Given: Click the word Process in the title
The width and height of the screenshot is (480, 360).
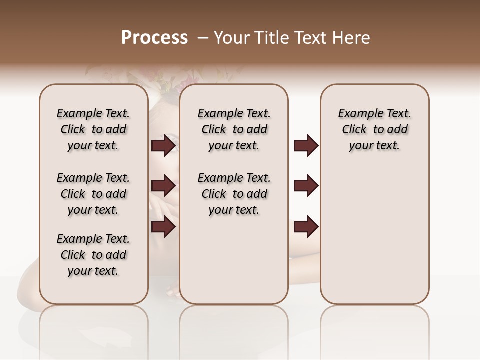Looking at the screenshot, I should tap(154, 38).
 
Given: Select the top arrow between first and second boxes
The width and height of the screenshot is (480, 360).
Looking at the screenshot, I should tap(163, 146).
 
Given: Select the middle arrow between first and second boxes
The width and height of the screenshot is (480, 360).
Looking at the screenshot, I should tap(163, 186).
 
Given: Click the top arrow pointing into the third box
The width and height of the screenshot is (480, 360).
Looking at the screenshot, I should tap(306, 146).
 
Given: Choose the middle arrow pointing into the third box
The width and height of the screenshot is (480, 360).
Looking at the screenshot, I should tap(306, 186).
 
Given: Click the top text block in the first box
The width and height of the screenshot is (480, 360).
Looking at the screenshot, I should tap(93, 129).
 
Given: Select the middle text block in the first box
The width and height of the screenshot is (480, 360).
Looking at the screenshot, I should tap(93, 194).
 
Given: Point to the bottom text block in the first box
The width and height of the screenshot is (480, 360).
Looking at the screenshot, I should tap(93, 255).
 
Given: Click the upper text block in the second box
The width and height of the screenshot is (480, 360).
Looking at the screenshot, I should tap(234, 129).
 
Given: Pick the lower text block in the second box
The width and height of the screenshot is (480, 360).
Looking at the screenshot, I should tap(234, 194).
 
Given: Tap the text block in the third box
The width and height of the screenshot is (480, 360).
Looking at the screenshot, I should tap(375, 129).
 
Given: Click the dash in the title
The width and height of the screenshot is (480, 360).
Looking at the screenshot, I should tap(203, 38).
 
